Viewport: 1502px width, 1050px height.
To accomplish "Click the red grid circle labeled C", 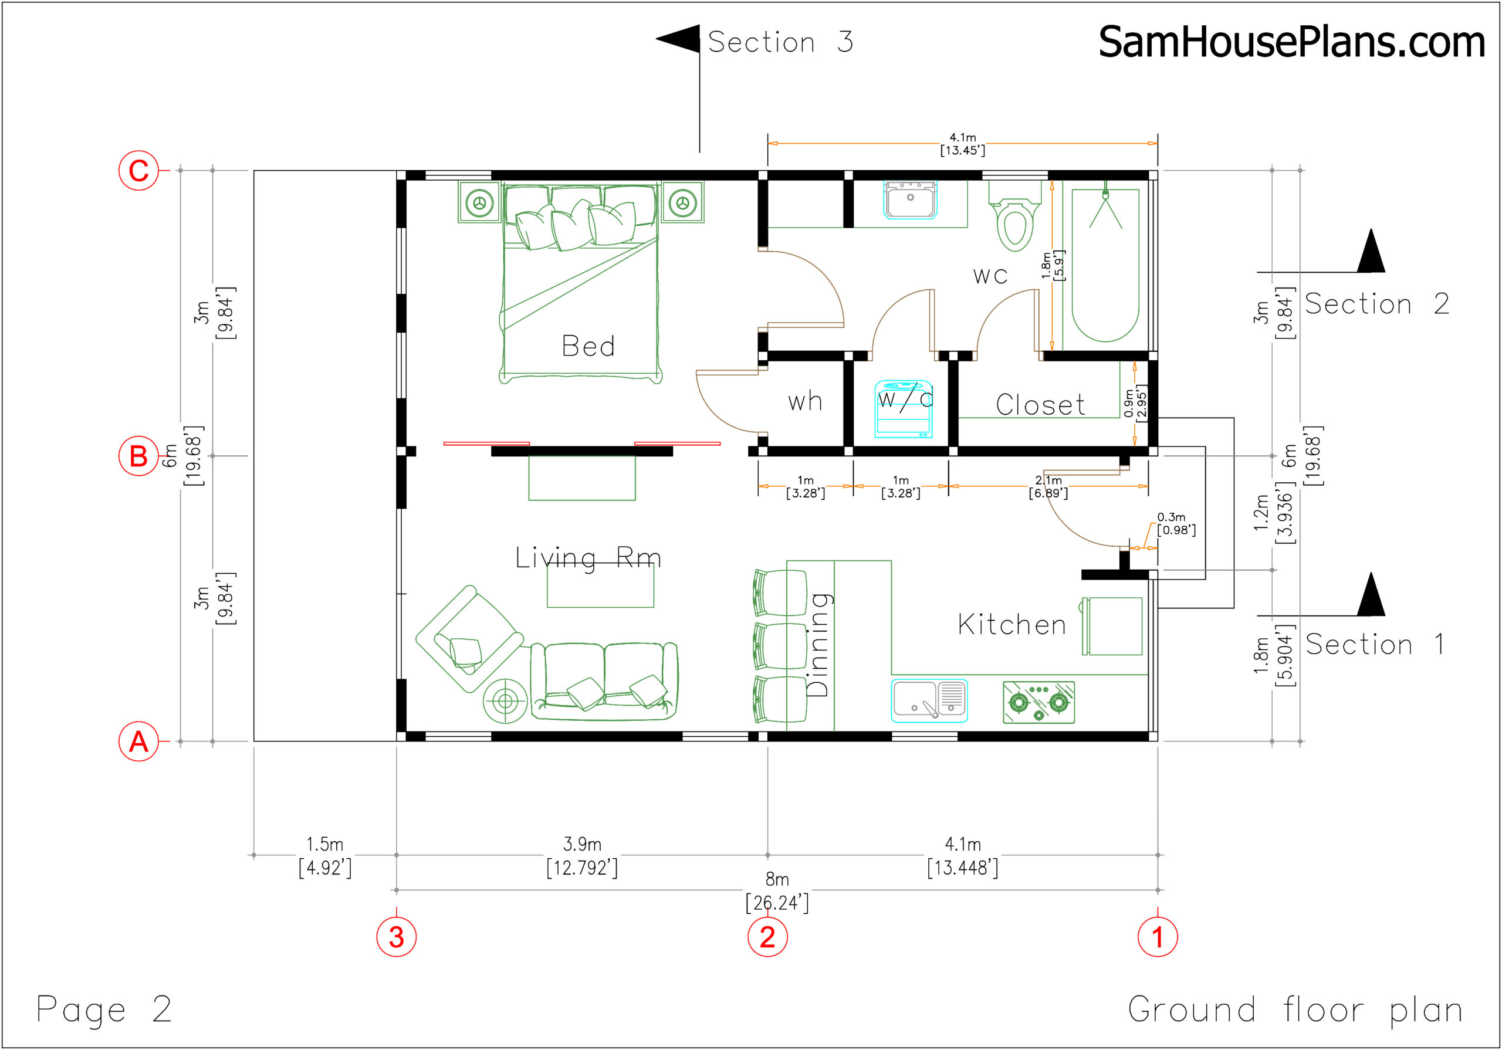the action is pyautogui.click(x=138, y=171).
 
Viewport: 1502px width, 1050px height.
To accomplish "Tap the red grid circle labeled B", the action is pyautogui.click(x=138, y=456).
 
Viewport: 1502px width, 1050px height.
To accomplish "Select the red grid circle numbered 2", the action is pyautogui.click(x=767, y=937).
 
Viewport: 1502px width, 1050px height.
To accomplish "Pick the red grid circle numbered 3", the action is pyautogui.click(x=397, y=937).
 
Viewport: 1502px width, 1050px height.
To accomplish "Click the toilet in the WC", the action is pyautogui.click(x=1014, y=216).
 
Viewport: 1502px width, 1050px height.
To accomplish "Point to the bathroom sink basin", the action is pyautogui.click(x=910, y=199).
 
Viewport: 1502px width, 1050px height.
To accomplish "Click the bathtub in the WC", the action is pyautogui.click(x=1105, y=265).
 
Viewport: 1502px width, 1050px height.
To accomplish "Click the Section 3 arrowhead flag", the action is pyautogui.click(x=678, y=39).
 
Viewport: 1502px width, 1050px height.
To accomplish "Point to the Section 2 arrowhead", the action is pyautogui.click(x=1371, y=250).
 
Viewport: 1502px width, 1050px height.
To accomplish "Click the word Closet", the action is pyautogui.click(x=1040, y=405).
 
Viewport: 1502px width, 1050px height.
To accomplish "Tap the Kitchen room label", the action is pyautogui.click(x=1012, y=625).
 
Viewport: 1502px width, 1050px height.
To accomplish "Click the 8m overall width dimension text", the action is pyautogui.click(x=777, y=879).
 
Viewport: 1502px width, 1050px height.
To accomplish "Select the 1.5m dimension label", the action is pyautogui.click(x=324, y=844).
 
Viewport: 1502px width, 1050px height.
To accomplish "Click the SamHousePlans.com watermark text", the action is pyautogui.click(x=1291, y=42).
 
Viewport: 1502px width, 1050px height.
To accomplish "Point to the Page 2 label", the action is pyautogui.click(x=104, y=1010).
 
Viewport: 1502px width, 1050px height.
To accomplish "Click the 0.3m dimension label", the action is pyautogui.click(x=1171, y=517).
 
